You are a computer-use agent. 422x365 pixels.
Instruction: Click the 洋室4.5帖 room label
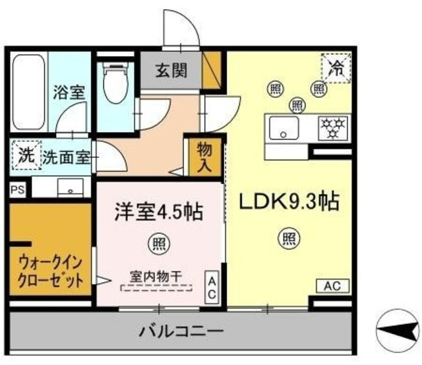158,212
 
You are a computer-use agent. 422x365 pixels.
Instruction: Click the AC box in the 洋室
212,288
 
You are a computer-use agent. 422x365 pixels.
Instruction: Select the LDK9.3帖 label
288,202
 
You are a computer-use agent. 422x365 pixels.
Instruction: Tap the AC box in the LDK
333,286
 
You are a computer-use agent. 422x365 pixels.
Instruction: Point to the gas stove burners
332,125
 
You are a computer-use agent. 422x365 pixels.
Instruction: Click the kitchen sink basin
283,126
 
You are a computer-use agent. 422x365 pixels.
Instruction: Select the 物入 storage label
204,157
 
